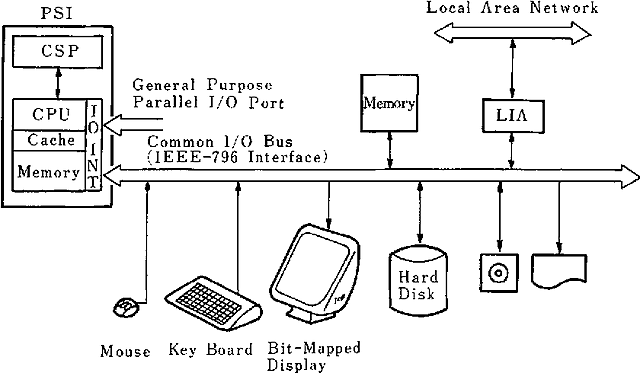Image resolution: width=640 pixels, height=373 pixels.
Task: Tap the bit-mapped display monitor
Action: (321, 270)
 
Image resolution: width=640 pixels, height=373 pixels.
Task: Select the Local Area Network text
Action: (512, 8)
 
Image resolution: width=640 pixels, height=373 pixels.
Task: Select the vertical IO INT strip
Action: (94, 144)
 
